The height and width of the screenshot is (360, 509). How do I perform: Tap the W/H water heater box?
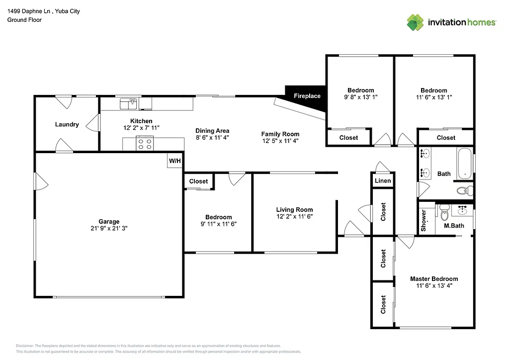174,161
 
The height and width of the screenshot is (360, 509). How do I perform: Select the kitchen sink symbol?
128,103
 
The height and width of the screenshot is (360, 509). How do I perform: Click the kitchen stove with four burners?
145,144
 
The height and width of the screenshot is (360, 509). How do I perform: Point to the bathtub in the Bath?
465,163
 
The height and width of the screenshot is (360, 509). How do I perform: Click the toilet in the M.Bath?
444,213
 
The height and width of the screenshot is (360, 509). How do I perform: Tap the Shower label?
424,221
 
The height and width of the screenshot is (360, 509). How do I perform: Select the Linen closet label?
383,180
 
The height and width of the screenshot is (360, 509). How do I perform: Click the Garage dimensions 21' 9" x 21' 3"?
109,229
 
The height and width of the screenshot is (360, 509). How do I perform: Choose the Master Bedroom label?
433,279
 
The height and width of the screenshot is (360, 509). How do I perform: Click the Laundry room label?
67,124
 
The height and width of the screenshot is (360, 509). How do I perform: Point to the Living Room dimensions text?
294,216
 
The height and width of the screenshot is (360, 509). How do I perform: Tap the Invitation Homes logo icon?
415,22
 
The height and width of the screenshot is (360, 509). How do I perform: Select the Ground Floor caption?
24,20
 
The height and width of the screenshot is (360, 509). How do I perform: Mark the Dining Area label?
212,131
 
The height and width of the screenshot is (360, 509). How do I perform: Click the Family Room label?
280,134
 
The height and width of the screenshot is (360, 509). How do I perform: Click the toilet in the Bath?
462,190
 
